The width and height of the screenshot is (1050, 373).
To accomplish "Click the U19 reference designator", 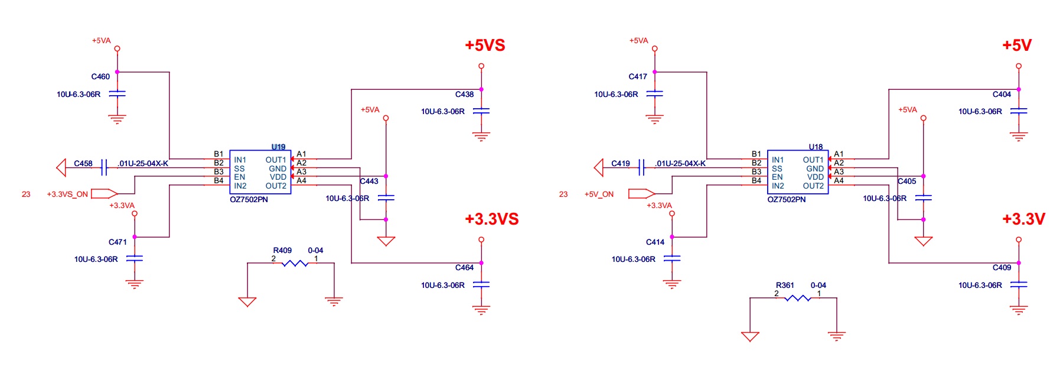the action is pos(278,147).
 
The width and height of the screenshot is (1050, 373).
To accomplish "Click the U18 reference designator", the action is pos(816,147).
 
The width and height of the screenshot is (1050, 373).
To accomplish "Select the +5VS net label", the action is pos(485,46).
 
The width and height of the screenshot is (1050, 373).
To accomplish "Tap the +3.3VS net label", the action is pos(491,219).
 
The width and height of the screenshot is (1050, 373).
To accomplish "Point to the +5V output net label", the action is pos(1017,46).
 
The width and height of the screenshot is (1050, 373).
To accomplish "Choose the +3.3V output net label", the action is pos(1023,219).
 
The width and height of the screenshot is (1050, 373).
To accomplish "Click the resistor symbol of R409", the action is pos(295,263).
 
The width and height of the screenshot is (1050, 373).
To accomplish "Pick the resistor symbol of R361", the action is pos(797,298).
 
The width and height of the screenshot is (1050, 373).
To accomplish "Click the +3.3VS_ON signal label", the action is pos(67,194).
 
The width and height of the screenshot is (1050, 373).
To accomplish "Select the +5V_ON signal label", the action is pos(599,194).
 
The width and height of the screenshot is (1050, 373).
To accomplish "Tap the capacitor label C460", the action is pos(100,76).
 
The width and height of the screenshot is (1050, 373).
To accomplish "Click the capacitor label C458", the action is pos(83,163).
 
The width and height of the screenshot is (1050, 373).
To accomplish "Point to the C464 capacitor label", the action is pos(464,267).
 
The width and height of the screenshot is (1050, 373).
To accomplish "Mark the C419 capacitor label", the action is pos(621,163).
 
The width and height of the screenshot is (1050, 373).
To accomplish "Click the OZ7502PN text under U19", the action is pos(249,199).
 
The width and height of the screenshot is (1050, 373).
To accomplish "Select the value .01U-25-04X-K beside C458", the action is pos(143,163).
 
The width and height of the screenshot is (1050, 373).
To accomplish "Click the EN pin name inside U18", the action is pos(777,177).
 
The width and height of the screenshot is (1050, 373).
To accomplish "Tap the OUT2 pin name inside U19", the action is pos(276,186).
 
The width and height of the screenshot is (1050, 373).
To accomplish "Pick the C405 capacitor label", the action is pos(906,181).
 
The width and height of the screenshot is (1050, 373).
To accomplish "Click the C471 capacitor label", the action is pos(118,242).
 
